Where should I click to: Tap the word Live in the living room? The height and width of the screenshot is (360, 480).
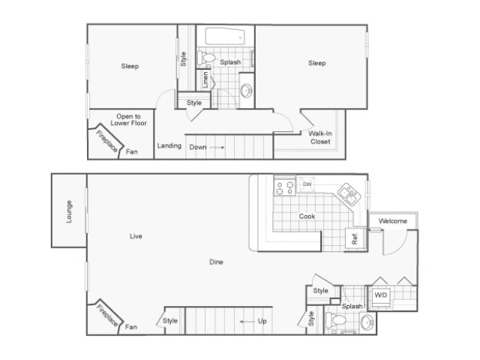tap(136, 236)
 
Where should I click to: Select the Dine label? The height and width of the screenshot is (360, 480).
tap(216, 262)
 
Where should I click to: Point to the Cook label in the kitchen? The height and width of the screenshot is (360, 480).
tap(307, 217)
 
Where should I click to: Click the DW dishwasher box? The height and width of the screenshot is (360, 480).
tap(307, 184)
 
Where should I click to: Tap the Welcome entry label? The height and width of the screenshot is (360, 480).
tap(392, 221)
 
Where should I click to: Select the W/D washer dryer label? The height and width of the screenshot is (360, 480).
tap(380, 294)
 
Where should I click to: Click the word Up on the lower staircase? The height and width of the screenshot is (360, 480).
tap(262, 321)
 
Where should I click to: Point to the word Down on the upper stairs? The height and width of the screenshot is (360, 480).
tap(197, 147)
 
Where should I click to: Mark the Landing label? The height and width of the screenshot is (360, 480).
tap(169, 145)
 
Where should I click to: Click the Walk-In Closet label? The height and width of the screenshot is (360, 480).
tap(320, 137)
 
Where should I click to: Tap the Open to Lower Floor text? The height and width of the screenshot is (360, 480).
tap(126, 119)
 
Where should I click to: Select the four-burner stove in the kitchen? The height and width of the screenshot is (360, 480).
tap(284, 186)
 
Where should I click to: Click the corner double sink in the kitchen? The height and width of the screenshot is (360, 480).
tap(347, 193)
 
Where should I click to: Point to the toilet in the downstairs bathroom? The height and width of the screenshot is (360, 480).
tap(338, 321)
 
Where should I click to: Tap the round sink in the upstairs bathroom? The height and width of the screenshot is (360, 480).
tap(247, 91)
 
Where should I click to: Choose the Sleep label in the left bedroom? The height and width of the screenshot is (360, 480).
tap(130, 66)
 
